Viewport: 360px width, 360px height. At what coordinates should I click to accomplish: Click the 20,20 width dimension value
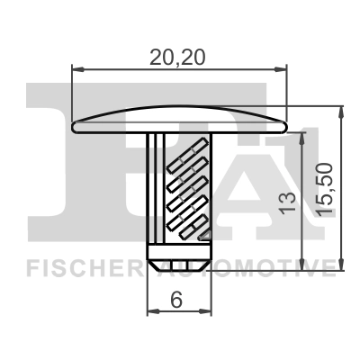[x=179, y=57]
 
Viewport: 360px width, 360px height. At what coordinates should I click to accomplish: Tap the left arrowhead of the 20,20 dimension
[x=76, y=67]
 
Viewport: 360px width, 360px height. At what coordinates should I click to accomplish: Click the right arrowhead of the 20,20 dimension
[x=283, y=67]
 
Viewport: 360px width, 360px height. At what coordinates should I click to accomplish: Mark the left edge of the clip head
[x=72, y=125]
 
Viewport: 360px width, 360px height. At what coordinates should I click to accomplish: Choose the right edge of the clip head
[x=287, y=125]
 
